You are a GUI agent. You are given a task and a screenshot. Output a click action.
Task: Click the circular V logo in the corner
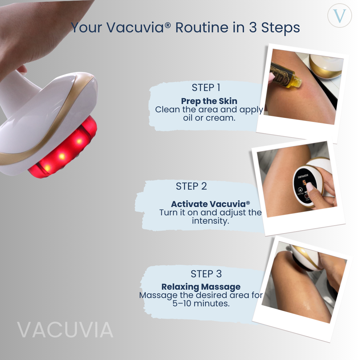point(340,15)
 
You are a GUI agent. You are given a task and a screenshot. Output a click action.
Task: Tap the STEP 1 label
point(206,88)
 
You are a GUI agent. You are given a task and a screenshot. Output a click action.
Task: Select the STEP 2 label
point(191,186)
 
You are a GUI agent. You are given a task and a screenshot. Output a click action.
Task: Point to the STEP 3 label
point(206,274)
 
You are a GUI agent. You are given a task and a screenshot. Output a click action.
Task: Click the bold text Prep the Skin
point(209,101)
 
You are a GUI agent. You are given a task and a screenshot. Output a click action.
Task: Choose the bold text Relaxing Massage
point(201,287)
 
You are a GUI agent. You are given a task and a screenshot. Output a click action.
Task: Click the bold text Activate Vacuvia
point(210,204)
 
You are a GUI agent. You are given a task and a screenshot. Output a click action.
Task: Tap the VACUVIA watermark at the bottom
point(65,330)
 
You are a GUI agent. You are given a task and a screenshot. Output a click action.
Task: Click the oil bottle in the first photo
point(285,75)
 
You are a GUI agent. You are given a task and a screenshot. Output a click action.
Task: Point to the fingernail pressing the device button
point(309,187)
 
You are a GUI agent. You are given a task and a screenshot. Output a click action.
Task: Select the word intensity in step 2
point(210,221)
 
